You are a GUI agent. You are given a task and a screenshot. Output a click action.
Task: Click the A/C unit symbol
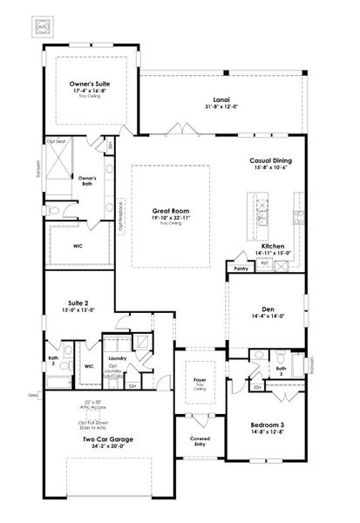point(43,26)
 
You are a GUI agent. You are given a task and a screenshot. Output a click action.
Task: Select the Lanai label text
point(209,99)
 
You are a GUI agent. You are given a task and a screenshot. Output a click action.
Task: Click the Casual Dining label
point(270,161)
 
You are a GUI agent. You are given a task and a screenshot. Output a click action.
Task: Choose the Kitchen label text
point(273,247)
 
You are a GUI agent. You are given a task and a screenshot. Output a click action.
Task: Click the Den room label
point(268,309)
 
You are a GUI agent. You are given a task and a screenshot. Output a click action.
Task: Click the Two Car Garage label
point(108,439)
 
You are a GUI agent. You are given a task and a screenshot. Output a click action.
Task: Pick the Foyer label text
point(200,381)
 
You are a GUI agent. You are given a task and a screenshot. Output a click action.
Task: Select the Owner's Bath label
point(86,180)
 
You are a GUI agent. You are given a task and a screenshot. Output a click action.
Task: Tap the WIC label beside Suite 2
point(89,366)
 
